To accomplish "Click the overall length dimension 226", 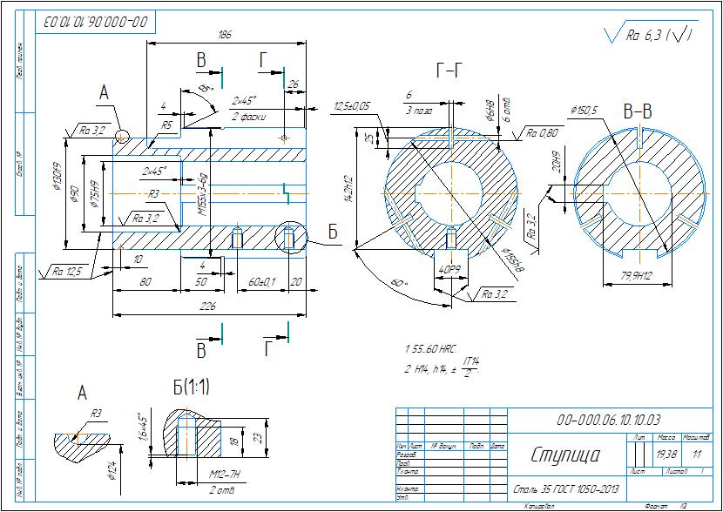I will tap(208, 307).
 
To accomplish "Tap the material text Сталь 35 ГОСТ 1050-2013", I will tap(565, 489).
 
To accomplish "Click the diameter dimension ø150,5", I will tap(584, 111).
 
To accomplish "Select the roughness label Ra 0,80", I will tap(543, 133).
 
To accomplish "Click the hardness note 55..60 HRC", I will tap(433, 348).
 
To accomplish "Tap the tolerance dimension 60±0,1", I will tap(261, 282).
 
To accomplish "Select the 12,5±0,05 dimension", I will tap(352, 106).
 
